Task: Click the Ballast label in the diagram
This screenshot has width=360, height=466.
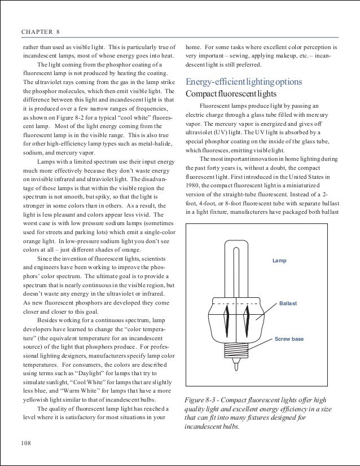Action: click(288, 304)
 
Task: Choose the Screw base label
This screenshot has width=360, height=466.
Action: click(288, 339)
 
